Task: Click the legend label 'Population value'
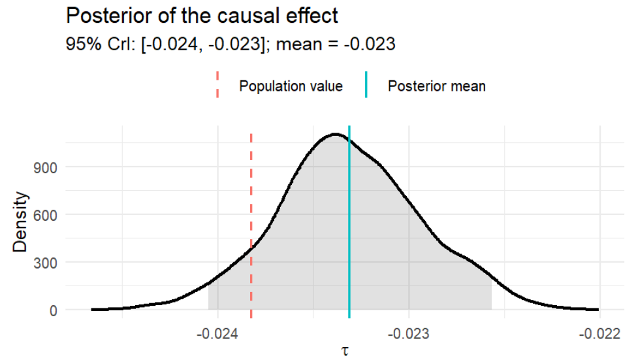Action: pos(291,86)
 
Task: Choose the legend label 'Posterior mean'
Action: pos(436,86)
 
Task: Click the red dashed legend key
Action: pos(218,86)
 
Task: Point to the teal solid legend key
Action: pos(367,86)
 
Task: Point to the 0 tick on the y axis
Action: pos(54,310)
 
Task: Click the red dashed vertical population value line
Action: pos(251,196)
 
